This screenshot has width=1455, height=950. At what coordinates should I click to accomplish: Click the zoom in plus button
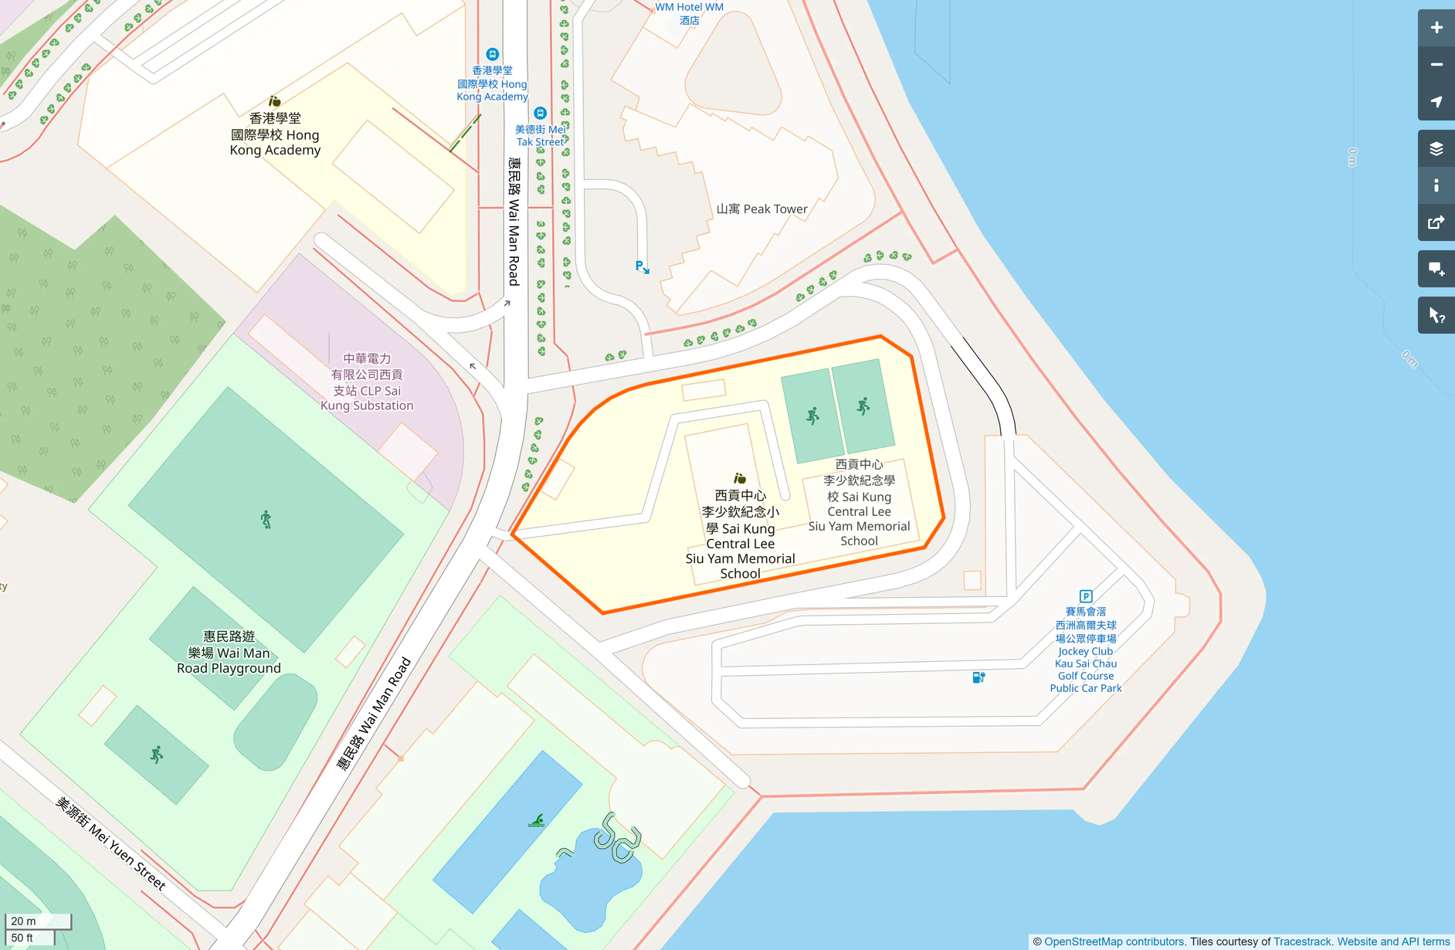[x=1436, y=28]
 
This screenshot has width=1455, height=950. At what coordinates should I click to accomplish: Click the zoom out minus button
[x=1436, y=65]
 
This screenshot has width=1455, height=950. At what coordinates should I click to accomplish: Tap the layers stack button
[x=1436, y=148]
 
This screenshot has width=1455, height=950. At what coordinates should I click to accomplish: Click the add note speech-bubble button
[x=1436, y=269]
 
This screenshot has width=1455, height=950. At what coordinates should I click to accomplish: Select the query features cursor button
[x=1436, y=315]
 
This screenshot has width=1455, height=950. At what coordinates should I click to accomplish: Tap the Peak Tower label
[x=761, y=209]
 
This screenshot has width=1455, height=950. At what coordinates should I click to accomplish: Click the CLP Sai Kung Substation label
[x=367, y=382]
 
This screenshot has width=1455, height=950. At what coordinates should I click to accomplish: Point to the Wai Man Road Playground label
[x=229, y=652]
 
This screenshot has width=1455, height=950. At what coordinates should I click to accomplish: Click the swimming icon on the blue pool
[x=536, y=820]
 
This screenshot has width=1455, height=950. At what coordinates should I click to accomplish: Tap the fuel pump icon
[x=978, y=677]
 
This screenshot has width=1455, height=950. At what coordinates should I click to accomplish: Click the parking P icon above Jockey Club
[x=1086, y=596]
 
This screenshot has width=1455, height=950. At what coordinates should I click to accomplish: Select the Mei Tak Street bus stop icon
[x=541, y=113]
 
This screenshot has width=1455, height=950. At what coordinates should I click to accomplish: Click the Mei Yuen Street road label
[x=110, y=843]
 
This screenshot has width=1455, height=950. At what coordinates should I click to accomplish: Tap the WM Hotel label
[x=689, y=13]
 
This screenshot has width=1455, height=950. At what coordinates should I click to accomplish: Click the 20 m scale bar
[x=37, y=921]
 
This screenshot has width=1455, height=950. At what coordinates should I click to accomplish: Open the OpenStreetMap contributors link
[x=1114, y=942]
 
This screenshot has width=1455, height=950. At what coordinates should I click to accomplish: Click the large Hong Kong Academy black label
[x=275, y=134]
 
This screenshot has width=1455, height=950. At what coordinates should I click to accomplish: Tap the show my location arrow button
[x=1436, y=102]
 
